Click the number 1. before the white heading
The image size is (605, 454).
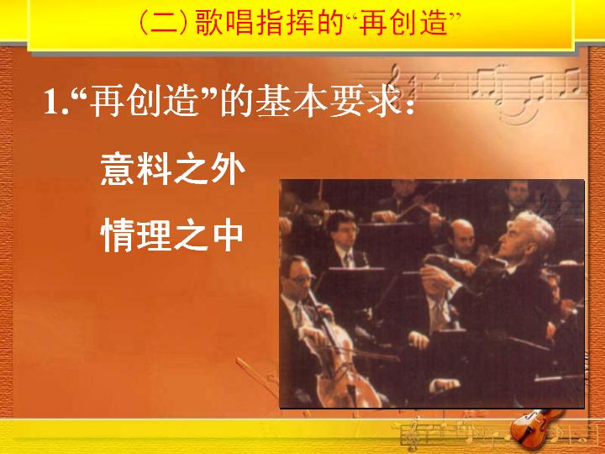pos(56,103)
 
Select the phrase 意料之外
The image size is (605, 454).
pos(172,169)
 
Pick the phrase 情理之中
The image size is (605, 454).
pos(171,235)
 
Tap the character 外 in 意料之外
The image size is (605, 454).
pos(228,169)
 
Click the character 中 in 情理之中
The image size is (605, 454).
pos(228,235)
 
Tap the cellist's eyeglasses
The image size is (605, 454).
pos(300,278)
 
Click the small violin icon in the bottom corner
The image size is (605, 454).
pos(535,426)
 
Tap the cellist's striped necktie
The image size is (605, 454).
pos(298,314)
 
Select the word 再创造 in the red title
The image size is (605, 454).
pos(404,23)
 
